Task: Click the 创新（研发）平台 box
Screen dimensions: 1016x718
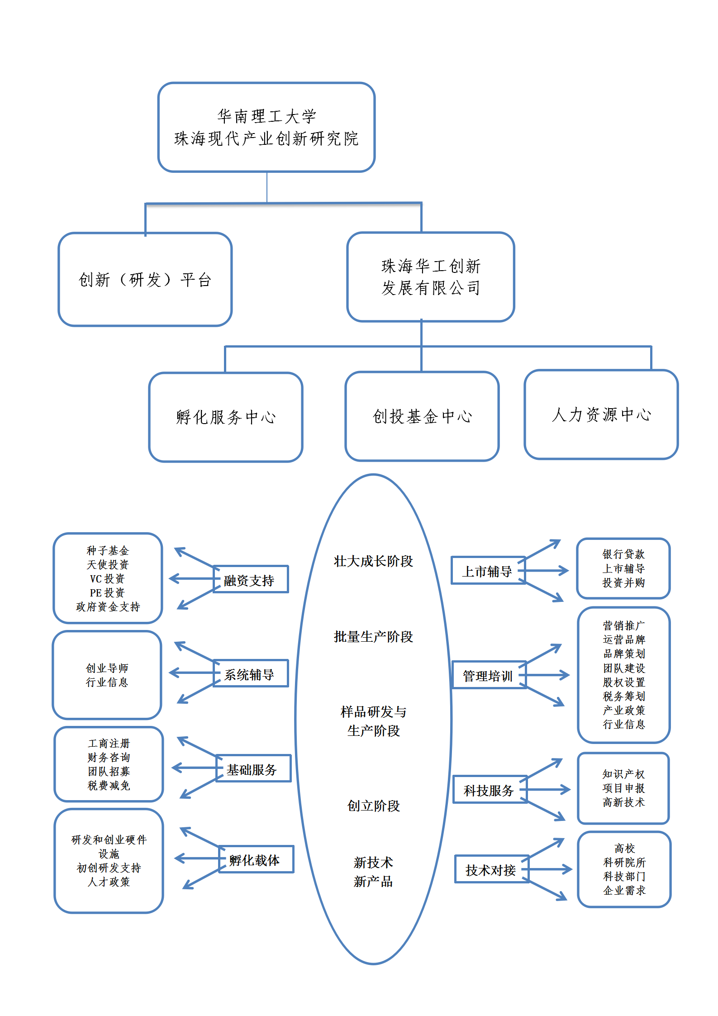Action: (145, 280)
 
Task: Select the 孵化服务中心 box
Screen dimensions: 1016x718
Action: (226, 417)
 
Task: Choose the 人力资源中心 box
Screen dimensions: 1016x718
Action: (601, 415)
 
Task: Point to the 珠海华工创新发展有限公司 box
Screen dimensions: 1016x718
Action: (431, 277)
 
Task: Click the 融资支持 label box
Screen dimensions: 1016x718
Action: (251, 579)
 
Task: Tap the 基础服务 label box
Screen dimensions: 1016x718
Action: (253, 768)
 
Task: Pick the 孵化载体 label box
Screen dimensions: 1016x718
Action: (256, 859)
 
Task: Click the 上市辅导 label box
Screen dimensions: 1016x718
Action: (488, 571)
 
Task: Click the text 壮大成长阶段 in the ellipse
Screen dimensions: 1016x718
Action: (373, 561)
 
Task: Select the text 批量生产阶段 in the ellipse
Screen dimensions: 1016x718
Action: (373, 637)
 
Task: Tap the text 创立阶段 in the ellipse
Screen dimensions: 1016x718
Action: (373, 806)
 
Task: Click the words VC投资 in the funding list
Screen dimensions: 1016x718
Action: (107, 579)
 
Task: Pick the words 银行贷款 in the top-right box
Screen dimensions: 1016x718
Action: (623, 554)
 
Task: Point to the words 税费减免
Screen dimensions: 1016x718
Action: (109, 786)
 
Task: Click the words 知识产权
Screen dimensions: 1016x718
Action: (623, 774)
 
